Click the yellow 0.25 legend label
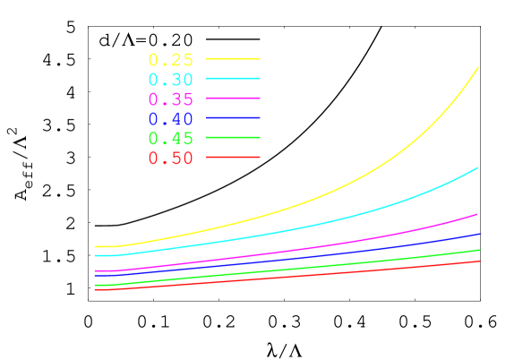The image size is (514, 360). pyautogui.click(x=170, y=60)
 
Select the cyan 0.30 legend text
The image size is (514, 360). pyautogui.click(x=170, y=80)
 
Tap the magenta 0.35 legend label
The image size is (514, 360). pyautogui.click(x=170, y=99)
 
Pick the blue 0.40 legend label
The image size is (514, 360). pyautogui.click(x=170, y=118)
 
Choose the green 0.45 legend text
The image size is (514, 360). pyautogui.click(x=170, y=138)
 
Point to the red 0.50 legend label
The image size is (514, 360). pyautogui.click(x=170, y=158)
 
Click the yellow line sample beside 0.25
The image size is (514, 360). pyautogui.click(x=233, y=59)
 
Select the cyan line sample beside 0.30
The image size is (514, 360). pyautogui.click(x=233, y=79)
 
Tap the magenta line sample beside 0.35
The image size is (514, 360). pyautogui.click(x=233, y=98)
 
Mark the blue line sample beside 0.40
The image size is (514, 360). pyautogui.click(x=233, y=117)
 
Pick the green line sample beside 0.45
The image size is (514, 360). pyautogui.click(x=233, y=137)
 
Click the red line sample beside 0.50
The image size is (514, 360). pyautogui.click(x=233, y=157)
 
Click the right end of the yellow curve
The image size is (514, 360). pyautogui.click(x=478, y=67)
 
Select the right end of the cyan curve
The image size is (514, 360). pyautogui.click(x=478, y=167)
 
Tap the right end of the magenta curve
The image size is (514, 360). pyautogui.click(x=478, y=214)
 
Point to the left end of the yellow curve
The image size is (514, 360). pyautogui.click(x=95, y=246)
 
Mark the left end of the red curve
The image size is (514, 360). pyautogui.click(x=95, y=289)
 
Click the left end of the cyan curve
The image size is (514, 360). pyautogui.click(x=95, y=255)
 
